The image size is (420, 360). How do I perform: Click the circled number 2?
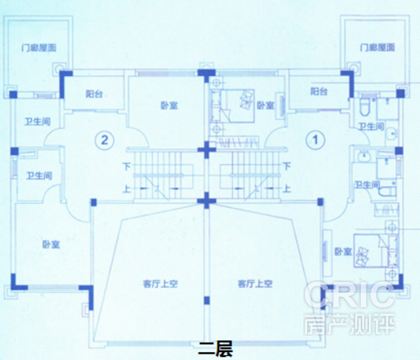click(105, 140)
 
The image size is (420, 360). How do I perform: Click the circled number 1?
click(315, 139)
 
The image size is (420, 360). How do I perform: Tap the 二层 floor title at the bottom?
click(215, 349)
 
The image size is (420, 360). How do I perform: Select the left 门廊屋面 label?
click(39, 48)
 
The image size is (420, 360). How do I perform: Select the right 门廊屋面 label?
click(378, 47)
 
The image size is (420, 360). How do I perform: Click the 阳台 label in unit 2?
click(94, 94)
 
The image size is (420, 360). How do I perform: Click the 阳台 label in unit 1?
click(319, 91)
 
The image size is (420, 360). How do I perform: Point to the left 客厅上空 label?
click(161, 284)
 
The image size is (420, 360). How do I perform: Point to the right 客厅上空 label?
click(255, 284)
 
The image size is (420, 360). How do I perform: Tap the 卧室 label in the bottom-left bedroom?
click(51, 244)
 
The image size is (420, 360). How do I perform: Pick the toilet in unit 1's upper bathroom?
click(364, 106)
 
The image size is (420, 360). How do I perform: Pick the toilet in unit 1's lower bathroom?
click(386, 191)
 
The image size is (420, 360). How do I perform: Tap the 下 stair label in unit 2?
click(126, 166)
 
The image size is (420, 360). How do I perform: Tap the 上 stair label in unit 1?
click(286, 189)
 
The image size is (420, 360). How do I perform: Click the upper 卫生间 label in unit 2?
click(38, 122)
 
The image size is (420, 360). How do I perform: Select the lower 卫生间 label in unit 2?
click(39, 176)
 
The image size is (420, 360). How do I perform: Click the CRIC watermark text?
click(350, 294)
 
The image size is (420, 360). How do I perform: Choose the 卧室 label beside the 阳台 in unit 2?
click(170, 106)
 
